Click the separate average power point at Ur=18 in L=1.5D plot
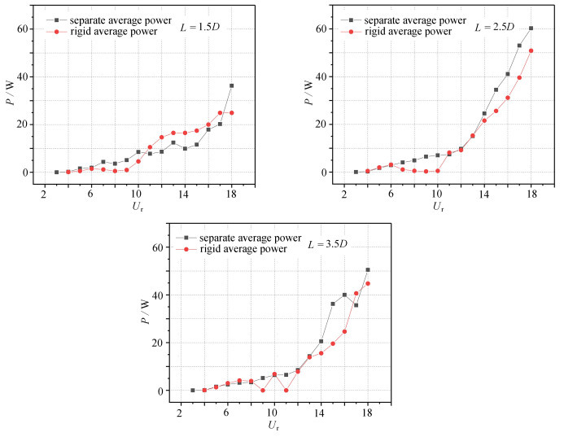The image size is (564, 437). point(231,85)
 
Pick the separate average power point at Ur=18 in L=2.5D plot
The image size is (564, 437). point(531,28)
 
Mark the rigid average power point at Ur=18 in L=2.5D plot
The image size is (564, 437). point(531,50)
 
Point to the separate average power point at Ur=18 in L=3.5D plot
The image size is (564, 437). point(367,269)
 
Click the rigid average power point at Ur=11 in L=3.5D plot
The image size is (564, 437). point(286,390)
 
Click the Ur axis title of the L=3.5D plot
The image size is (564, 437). point(273,425)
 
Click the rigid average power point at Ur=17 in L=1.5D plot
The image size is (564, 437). point(220,113)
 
